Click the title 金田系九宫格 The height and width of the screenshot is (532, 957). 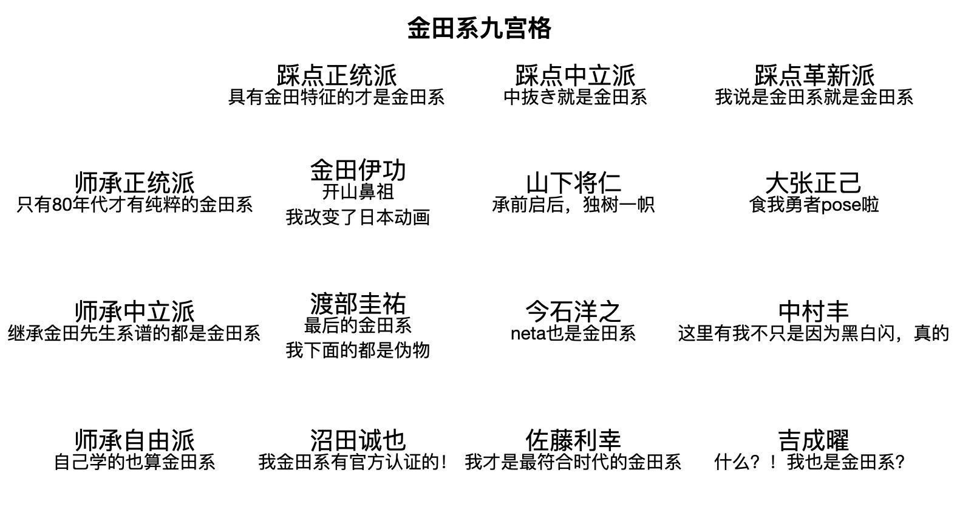click(478, 29)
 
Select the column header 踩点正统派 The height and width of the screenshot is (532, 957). click(336, 76)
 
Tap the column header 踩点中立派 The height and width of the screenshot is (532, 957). click(575, 76)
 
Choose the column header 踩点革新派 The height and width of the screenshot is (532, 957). click(814, 76)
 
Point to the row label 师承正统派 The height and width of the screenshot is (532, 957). click(134, 183)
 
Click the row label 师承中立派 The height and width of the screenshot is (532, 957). click(134, 312)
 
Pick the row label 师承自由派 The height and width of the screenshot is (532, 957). click(134, 440)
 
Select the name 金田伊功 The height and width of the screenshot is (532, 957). click(358, 170)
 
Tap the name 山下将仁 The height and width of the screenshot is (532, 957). click(573, 183)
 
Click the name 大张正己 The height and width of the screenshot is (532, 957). click(814, 183)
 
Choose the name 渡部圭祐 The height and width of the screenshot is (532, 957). click(358, 304)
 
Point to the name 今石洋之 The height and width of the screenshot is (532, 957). click(573, 312)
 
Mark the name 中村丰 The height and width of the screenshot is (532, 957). click(814, 312)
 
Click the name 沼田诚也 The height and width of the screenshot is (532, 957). click(358, 440)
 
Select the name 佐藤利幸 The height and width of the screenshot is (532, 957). click(573, 440)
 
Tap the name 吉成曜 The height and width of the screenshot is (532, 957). click(814, 440)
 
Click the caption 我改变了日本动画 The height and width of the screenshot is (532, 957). click(358, 217)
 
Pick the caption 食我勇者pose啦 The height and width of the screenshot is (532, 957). click(814, 205)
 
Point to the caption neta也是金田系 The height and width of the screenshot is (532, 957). click(573, 333)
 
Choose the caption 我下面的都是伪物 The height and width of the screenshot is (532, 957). click(358, 350)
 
